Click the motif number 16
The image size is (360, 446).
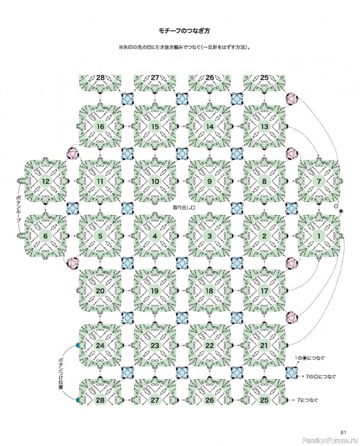100,127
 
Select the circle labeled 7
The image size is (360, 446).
319,181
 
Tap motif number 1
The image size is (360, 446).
319,236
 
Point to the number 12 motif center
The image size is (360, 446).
46,181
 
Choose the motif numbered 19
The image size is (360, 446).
155,290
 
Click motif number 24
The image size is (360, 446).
100,345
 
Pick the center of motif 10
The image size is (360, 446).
155,181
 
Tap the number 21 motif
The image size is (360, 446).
264,345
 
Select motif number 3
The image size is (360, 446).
210,236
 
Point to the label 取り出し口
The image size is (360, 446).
184,207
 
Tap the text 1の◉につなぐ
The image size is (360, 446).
310,358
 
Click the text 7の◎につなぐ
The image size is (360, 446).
319,377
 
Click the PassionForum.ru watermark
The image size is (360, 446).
330,440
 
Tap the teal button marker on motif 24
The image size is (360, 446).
77,345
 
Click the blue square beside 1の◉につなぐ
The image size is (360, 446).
291,372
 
